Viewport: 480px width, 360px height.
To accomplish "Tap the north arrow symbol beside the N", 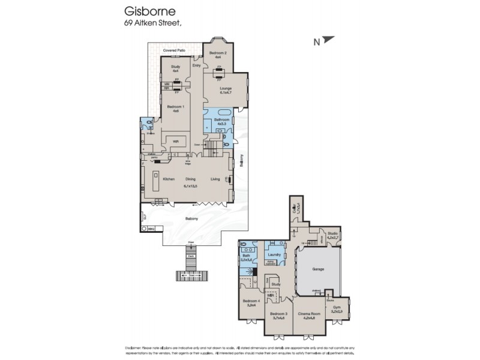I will click(x=328, y=40).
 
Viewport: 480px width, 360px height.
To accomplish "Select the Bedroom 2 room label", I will click(x=217, y=55).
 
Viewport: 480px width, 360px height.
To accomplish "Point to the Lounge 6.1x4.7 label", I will click(x=225, y=91).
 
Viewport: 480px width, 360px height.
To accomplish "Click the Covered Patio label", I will click(x=174, y=51).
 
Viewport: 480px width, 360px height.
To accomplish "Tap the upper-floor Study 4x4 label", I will click(x=176, y=68).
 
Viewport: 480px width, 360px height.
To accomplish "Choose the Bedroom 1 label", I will click(x=176, y=109).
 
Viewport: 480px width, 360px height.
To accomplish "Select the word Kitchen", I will click(x=169, y=179).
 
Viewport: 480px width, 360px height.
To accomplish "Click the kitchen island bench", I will click(x=156, y=182).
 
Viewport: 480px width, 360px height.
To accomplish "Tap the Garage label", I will click(x=318, y=269).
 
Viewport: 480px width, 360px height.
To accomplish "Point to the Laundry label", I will click(x=275, y=254).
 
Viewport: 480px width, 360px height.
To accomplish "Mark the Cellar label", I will click(x=295, y=209).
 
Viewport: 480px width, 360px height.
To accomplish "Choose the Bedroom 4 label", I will click(x=250, y=302).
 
